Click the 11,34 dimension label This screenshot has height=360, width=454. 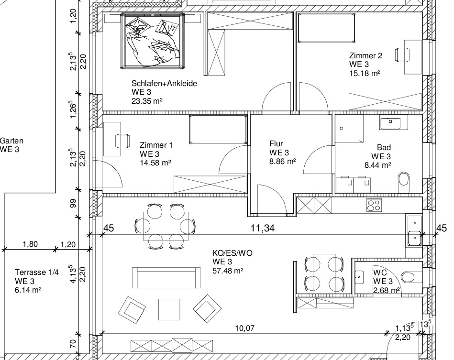(262, 229)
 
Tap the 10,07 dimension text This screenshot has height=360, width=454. (244, 328)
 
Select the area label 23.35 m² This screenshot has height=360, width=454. (147, 101)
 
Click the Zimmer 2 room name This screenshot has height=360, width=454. (365, 55)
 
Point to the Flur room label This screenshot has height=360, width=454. (276, 143)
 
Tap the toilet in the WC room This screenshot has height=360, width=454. (411, 277)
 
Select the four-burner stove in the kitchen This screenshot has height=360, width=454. (374, 206)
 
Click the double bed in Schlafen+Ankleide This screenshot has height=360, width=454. (153, 41)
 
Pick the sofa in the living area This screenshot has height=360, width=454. (166, 278)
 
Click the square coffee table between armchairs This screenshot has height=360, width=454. (169, 310)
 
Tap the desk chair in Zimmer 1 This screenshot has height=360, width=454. (122, 141)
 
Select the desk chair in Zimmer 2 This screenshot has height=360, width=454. (402, 55)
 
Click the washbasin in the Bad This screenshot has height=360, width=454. (390, 122)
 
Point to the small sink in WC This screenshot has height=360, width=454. (359, 277)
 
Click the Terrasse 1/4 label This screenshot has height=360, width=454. (37, 273)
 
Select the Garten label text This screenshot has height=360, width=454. (11, 141)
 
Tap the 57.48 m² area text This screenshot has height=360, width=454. (228, 271)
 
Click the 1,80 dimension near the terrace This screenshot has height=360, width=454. (30, 244)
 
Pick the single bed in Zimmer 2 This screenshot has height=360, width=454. (326, 28)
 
